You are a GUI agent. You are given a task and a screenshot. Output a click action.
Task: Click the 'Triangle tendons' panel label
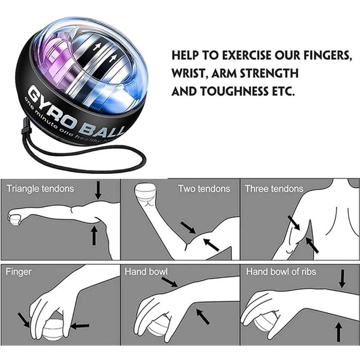click(40, 189)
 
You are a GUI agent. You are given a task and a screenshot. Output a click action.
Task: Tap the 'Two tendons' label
click(204, 189)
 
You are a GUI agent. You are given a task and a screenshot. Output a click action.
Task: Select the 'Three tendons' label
click(274, 189)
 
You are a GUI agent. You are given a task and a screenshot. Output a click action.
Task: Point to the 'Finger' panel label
click(19, 272)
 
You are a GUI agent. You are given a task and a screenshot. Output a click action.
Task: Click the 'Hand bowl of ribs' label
click(281, 272)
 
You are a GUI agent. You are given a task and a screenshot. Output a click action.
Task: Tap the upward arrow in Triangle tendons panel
click(94, 236)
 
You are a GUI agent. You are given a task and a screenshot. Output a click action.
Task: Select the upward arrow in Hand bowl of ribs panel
click(339, 332)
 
